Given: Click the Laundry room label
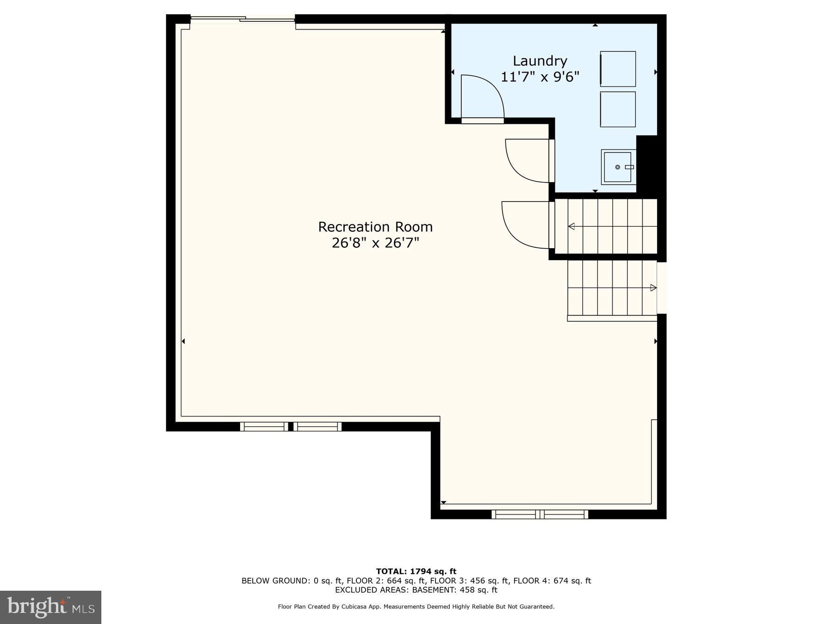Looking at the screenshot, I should pyautogui.click(x=540, y=61).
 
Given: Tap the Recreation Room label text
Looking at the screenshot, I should pyautogui.click(x=375, y=227).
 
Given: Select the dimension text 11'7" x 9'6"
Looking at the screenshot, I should pyautogui.click(x=540, y=77).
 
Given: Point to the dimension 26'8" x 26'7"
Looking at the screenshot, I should pyautogui.click(x=375, y=243).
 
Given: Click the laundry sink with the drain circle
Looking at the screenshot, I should pyautogui.click(x=618, y=167).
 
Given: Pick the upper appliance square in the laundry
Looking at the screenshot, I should pyautogui.click(x=618, y=69).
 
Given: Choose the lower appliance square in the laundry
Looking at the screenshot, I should pyautogui.click(x=618, y=109).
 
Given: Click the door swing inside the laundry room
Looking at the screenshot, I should pyautogui.click(x=481, y=98).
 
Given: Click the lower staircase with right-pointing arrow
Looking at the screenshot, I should pyautogui.click(x=612, y=288).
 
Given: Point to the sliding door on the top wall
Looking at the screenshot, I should pyautogui.click(x=242, y=19).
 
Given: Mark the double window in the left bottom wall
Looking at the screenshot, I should pyautogui.click(x=291, y=427).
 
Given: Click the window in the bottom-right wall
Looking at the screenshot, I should pyautogui.click(x=540, y=514).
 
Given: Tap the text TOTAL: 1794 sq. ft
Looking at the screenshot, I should pyautogui.click(x=416, y=571).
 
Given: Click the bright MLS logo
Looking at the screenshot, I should pyautogui.click(x=50, y=607).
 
